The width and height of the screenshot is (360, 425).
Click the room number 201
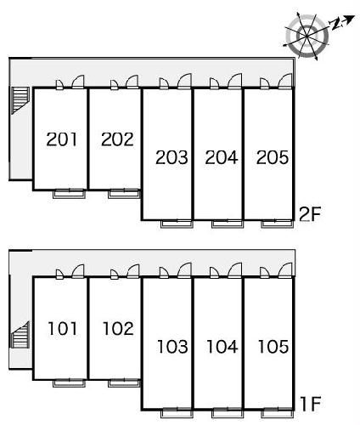click(62, 139)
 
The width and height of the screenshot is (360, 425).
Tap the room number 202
click(117, 139)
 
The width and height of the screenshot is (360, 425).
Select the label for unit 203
click(172, 157)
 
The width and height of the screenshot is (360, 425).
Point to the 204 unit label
click(222, 157)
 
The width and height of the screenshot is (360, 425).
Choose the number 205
click(273, 157)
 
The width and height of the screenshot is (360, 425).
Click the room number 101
click(63, 329)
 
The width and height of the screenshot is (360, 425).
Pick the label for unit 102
click(118, 329)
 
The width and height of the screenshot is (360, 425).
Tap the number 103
click(172, 347)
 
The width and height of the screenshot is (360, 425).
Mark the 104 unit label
click(222, 347)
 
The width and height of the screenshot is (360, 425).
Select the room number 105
click(273, 347)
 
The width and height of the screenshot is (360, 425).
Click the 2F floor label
click(309, 214)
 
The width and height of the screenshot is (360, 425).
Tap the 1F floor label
click(311, 404)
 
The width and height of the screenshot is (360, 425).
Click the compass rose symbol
click(307, 37)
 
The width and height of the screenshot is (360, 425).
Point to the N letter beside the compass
click(337, 25)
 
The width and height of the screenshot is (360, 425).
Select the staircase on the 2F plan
click(20, 100)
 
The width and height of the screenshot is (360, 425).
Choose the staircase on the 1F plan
click(20, 335)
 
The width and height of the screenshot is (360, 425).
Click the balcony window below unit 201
click(70, 194)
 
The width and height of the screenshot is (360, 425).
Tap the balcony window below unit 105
click(278, 413)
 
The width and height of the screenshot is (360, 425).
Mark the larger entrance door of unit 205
click(285, 82)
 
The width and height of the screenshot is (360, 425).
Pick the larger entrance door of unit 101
click(78, 271)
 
